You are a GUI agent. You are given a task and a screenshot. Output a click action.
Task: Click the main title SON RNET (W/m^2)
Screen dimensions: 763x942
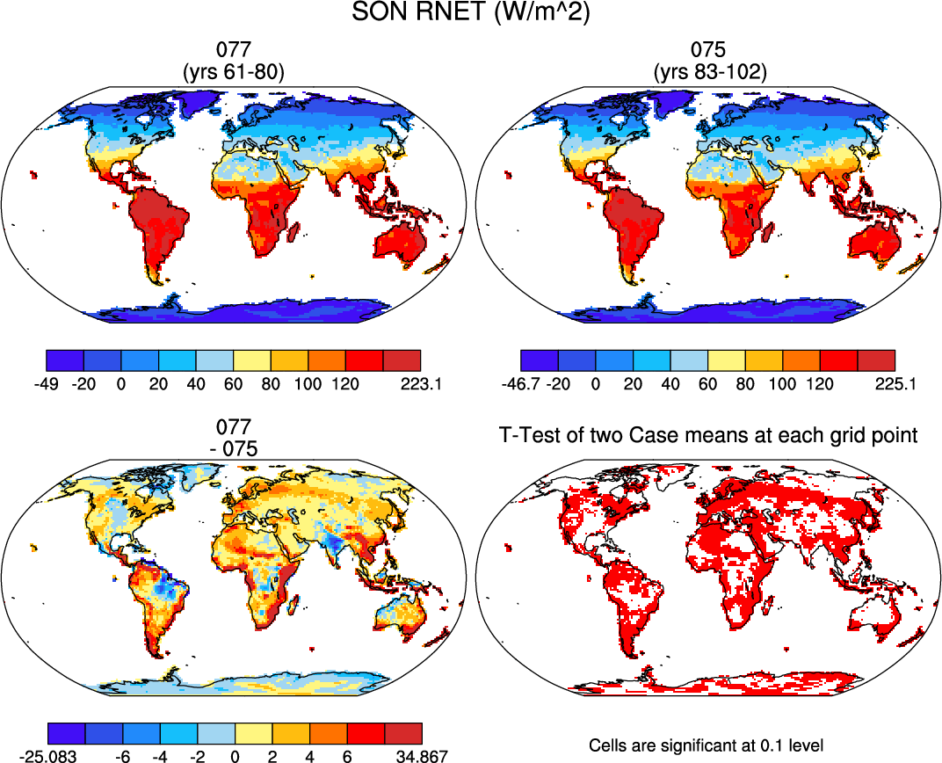pos(471,15)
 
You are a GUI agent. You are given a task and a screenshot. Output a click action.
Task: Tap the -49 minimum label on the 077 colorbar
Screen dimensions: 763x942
pos(46,383)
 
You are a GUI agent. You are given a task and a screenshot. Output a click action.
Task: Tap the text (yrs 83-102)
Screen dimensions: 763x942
pos(709,73)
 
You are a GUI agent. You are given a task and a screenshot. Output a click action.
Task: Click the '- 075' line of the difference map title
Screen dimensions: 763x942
pos(232,447)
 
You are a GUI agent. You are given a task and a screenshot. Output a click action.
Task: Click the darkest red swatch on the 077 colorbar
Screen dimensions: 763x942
pos(402,360)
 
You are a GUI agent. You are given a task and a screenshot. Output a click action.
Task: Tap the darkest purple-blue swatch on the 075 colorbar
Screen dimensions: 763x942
pos(539,360)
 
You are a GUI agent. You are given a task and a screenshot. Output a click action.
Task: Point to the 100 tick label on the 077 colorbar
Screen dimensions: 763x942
pos(308,383)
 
